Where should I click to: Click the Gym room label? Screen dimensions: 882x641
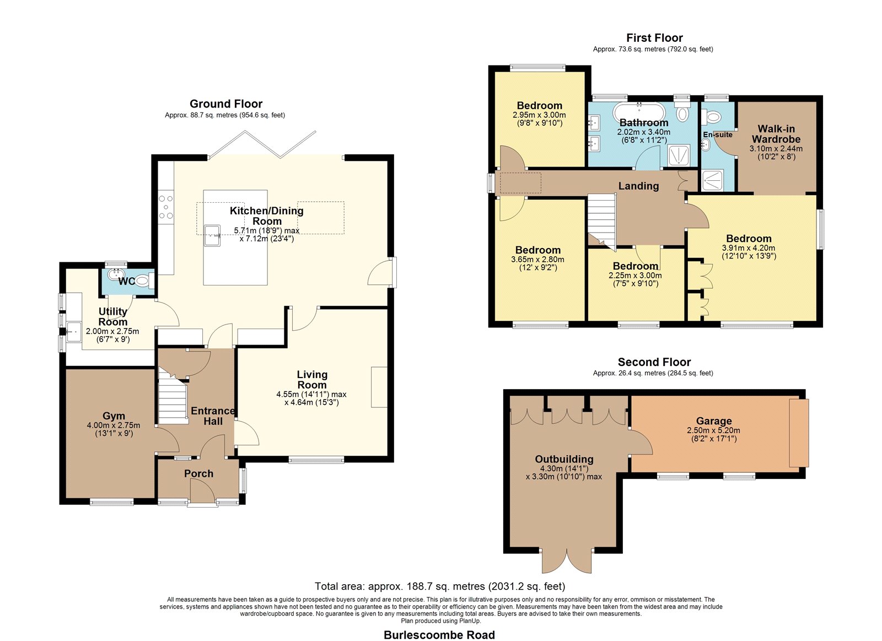(114, 416)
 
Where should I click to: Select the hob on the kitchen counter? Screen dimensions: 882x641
(166, 207)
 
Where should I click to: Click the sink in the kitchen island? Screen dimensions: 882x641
(212, 235)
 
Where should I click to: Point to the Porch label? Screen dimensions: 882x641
(199, 473)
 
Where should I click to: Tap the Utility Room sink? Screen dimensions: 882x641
(74, 332)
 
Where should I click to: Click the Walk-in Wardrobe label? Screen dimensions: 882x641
(776, 134)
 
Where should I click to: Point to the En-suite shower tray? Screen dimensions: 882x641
(712, 180)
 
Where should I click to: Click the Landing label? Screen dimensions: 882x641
(638, 186)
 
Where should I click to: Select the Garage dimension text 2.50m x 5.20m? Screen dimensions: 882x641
(713, 430)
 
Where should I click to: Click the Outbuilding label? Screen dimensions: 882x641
(564, 459)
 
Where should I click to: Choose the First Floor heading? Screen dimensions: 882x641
(654, 38)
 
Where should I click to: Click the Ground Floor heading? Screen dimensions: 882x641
(226, 104)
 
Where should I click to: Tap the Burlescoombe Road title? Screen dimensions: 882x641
(439, 635)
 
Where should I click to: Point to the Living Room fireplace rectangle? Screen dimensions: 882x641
(379, 387)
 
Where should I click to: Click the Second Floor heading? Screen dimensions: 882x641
(654, 362)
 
